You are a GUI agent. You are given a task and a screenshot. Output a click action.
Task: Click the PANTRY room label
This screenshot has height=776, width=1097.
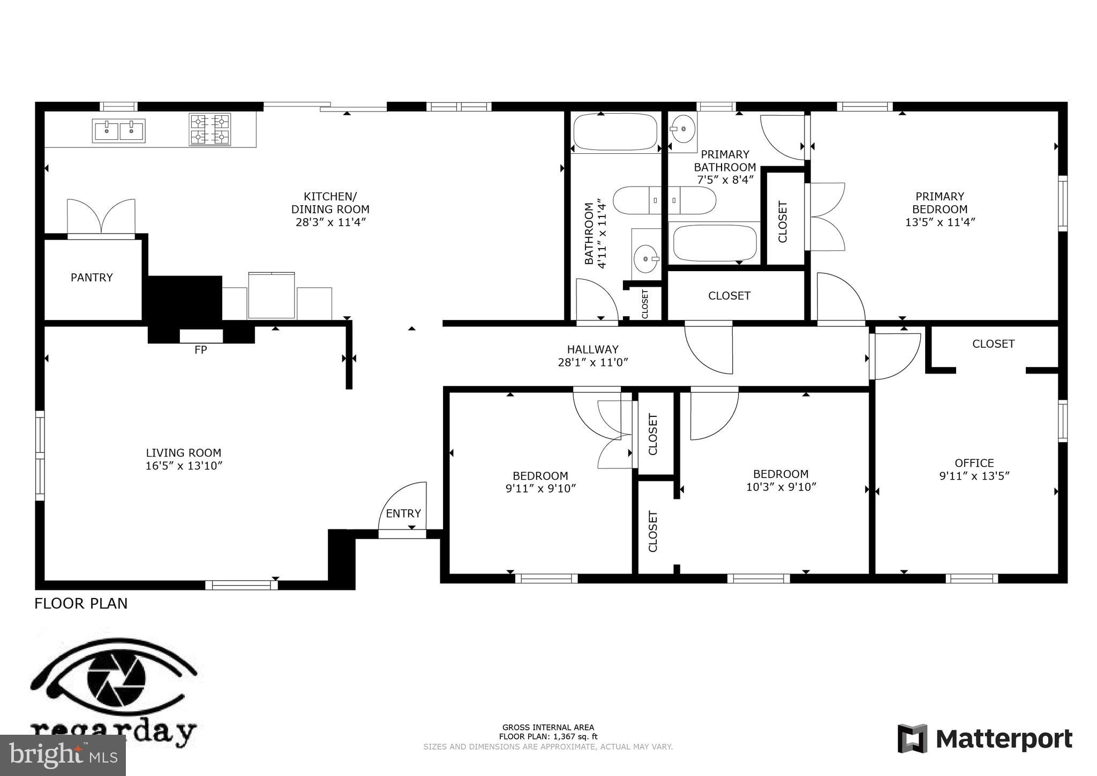(x=92, y=278)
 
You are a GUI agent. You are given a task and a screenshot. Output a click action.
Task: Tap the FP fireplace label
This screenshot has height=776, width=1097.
(x=200, y=350)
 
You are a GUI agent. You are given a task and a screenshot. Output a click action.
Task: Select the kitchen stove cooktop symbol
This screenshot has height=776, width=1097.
(x=210, y=130)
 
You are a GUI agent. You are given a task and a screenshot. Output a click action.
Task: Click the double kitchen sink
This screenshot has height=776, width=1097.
(x=118, y=131)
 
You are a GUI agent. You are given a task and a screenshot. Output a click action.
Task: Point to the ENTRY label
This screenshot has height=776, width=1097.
(x=403, y=513)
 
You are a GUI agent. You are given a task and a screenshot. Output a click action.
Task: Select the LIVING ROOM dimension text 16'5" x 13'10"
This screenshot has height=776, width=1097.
(x=184, y=466)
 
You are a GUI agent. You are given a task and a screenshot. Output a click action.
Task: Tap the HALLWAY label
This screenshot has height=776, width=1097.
(x=592, y=349)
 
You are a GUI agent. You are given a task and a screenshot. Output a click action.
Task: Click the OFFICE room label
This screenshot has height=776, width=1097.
(x=974, y=462)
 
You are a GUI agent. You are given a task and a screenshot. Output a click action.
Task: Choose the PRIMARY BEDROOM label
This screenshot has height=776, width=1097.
(x=940, y=203)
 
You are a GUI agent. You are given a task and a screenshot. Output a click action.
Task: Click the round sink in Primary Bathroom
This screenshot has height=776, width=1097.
(x=683, y=129)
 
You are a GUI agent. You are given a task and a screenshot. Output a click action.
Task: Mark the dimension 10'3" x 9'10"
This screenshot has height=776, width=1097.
(x=781, y=487)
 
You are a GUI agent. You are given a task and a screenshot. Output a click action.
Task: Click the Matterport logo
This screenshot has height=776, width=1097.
(x=985, y=739)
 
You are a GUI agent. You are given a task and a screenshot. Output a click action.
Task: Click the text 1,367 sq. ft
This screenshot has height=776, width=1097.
(x=575, y=736)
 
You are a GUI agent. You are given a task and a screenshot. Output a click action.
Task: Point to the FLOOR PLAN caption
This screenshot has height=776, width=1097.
(x=81, y=603)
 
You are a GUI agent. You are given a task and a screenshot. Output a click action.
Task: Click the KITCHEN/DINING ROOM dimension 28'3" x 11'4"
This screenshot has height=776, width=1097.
(x=330, y=222)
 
